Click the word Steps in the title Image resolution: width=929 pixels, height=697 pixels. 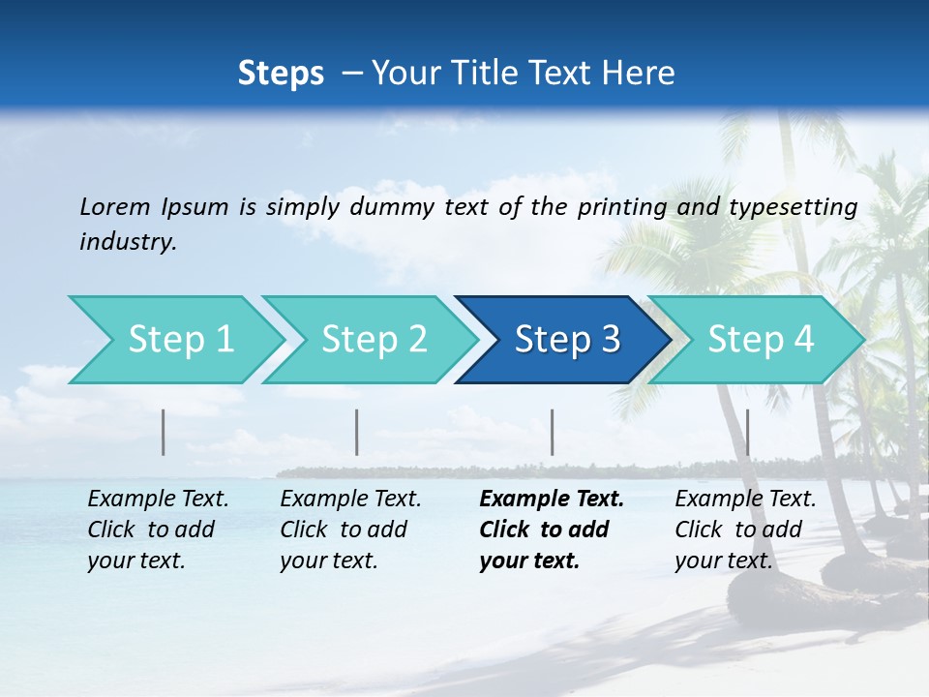(x=281, y=74)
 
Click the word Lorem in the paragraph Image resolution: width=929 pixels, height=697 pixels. (x=114, y=206)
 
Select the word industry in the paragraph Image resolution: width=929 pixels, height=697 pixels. (x=127, y=242)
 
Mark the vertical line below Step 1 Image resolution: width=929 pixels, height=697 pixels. (x=164, y=432)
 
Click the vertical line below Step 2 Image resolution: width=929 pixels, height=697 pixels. (x=357, y=432)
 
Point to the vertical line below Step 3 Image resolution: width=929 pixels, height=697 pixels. (x=553, y=432)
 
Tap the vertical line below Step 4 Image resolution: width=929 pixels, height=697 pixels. (x=748, y=432)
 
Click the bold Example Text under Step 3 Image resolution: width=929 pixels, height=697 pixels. (x=552, y=500)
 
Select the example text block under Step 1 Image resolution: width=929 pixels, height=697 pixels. (x=158, y=530)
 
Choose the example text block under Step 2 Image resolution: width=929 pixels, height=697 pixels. (x=350, y=530)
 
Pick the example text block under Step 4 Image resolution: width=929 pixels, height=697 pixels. (x=745, y=530)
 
